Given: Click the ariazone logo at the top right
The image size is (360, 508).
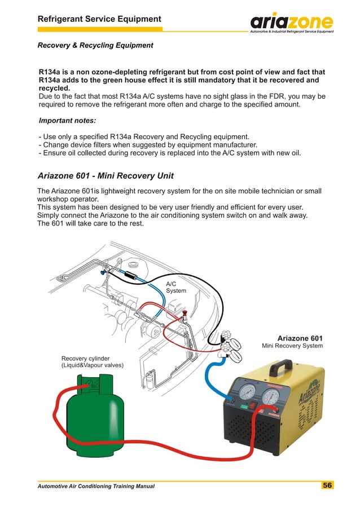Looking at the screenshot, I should [292, 23].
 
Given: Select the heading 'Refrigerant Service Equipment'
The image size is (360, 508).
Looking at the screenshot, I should [99, 19].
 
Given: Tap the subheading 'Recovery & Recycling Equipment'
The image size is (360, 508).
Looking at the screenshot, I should [95, 45].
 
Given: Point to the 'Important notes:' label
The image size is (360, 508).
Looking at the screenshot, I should [67, 121].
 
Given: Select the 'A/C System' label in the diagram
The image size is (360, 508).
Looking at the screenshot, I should [175, 287].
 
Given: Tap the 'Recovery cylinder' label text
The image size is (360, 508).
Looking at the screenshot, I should [85, 358].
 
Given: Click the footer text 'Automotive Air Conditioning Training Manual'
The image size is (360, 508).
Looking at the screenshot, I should [95, 485].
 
